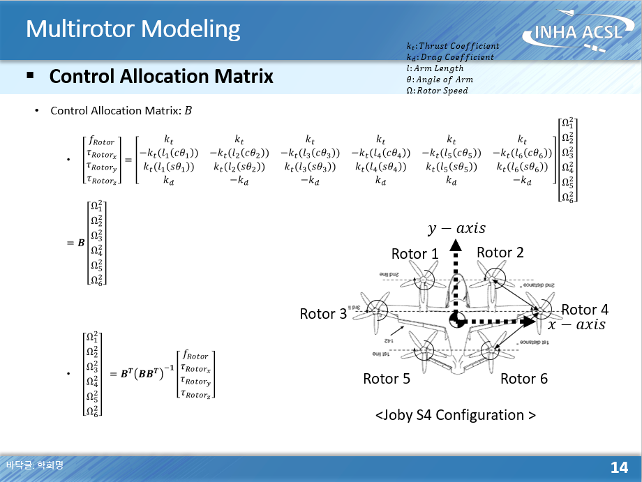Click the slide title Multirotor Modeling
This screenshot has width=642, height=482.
133,29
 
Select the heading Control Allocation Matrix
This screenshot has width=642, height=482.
161,76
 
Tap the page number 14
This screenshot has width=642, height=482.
619,467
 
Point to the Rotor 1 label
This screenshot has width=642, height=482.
415,254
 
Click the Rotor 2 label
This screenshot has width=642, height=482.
500,253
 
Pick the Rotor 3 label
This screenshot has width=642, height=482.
323,314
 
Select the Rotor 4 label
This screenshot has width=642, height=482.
585,310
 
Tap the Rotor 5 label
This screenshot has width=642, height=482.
387,379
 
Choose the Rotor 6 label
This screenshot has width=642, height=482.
524,379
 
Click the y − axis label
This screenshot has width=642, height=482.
456,229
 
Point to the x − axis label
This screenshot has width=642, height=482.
576,325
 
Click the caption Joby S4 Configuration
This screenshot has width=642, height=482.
456,415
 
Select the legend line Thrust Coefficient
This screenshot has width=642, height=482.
452,46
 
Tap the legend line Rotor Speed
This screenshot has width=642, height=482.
437,91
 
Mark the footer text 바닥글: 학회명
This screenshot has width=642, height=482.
34,465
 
